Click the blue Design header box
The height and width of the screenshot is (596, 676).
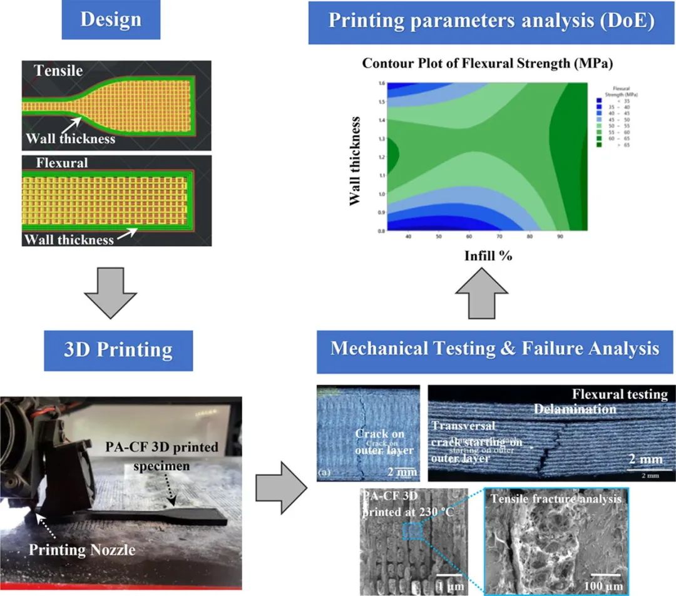(111, 20)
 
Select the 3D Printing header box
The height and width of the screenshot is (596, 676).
(118, 349)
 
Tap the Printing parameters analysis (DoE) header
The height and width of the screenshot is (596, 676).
(491, 21)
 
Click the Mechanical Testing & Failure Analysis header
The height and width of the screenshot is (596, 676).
(495, 348)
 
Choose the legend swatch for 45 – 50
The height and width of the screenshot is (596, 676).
(599, 119)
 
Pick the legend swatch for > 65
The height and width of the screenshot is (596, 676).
(599, 144)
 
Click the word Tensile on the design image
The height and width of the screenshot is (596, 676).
(58, 71)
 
